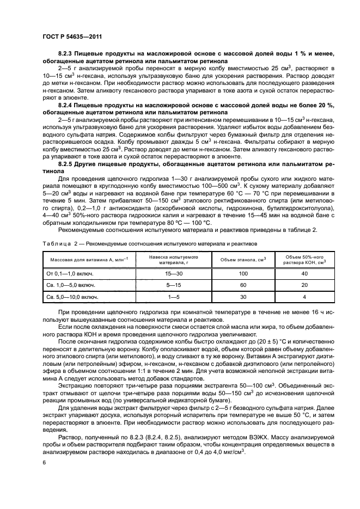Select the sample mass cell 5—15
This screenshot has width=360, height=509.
point(165,285)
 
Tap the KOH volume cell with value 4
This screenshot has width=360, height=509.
point(304,297)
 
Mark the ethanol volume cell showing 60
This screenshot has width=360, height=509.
point(243,285)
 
